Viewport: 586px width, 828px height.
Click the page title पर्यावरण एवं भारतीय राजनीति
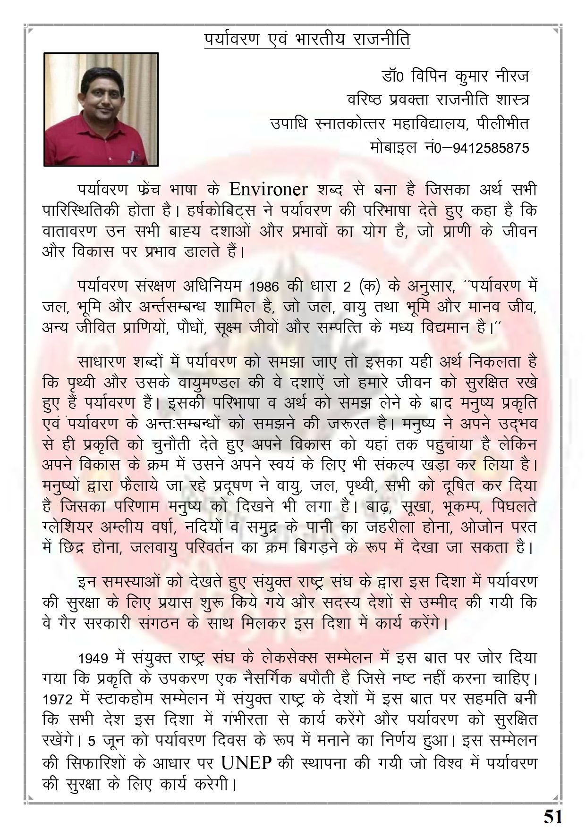pyautogui.click(x=307, y=39)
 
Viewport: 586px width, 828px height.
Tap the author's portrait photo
pyautogui.click(x=101, y=109)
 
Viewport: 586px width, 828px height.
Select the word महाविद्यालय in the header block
pyautogui.click(x=427, y=124)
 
